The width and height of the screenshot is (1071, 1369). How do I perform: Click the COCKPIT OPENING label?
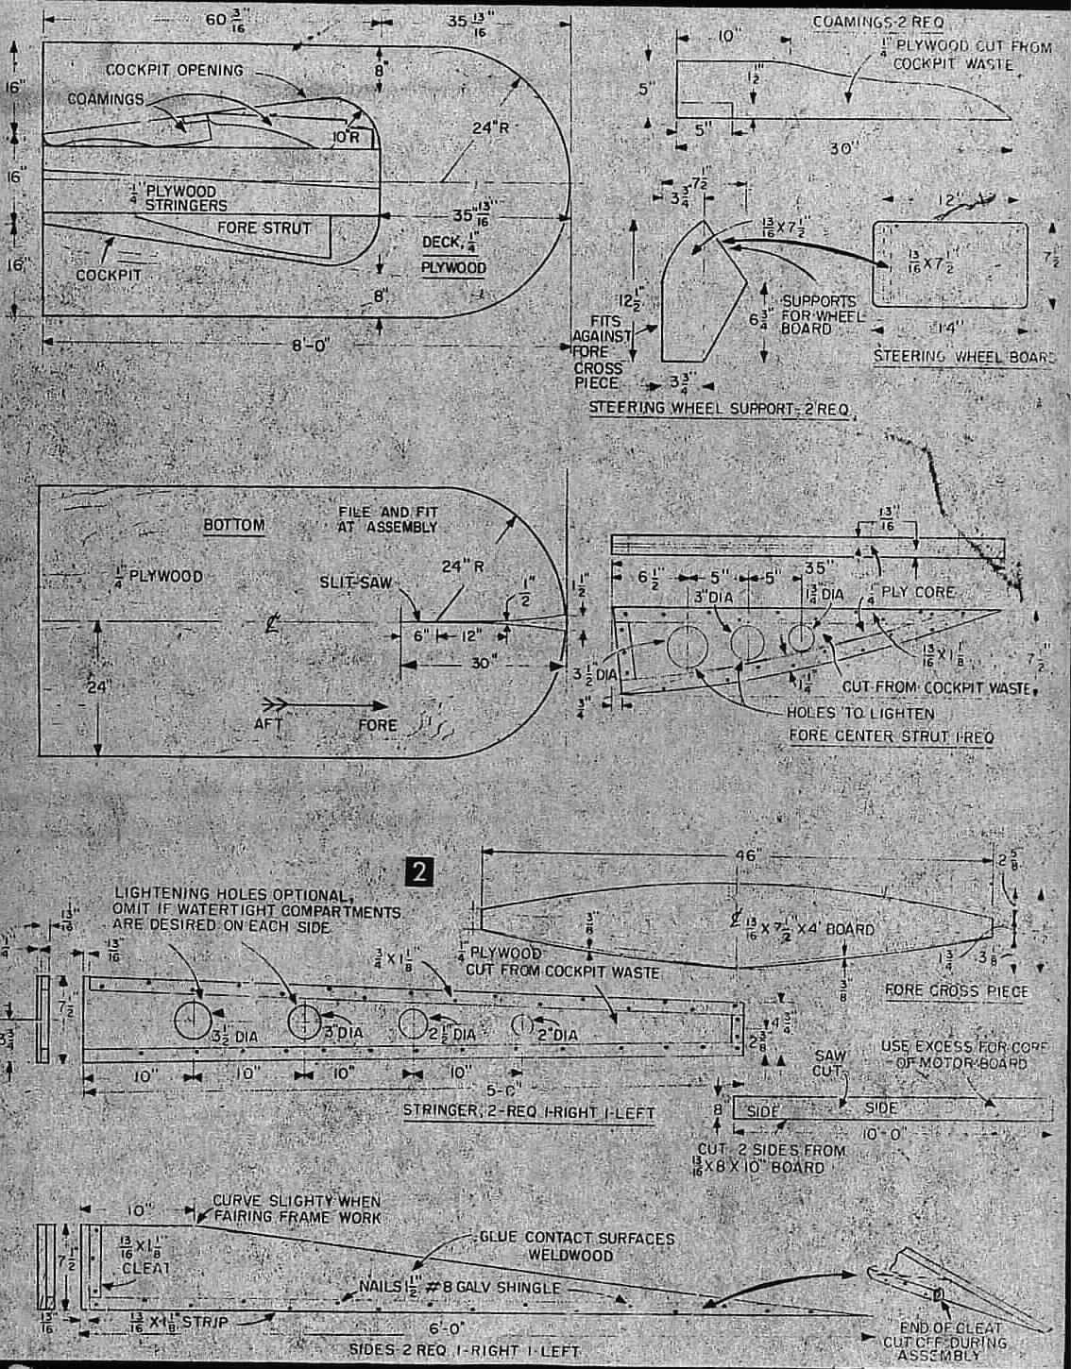(174, 70)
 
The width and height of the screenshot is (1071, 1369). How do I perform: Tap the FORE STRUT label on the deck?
(263, 228)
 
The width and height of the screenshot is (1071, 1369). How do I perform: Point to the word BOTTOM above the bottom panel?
(233, 525)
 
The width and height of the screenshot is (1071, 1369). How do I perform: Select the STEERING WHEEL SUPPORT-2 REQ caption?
(718, 409)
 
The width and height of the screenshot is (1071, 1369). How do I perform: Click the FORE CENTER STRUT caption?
(891, 735)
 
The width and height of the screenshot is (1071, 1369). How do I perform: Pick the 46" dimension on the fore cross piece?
(745, 856)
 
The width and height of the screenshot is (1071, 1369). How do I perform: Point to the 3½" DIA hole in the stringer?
(193, 1021)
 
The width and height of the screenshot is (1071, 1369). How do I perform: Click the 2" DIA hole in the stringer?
(520, 1024)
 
